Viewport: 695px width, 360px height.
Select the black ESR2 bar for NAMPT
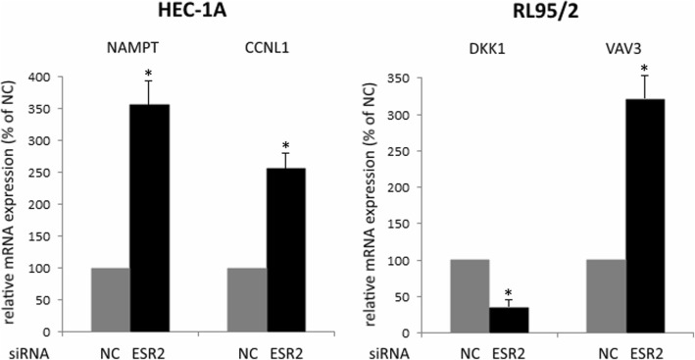(x=150, y=214)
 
